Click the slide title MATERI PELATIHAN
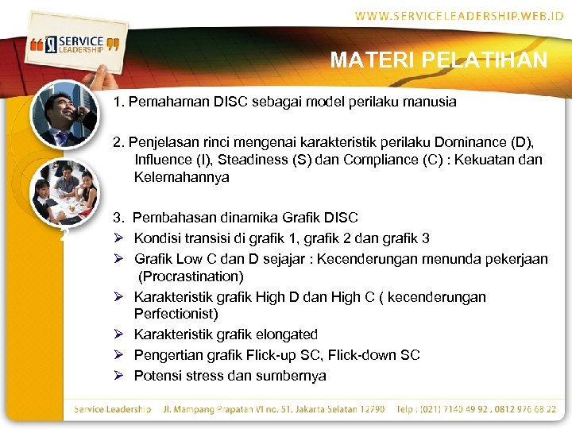(x=439, y=60)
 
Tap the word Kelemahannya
(x=181, y=177)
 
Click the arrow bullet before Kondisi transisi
(x=118, y=238)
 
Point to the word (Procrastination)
(x=191, y=276)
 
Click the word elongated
(x=281, y=334)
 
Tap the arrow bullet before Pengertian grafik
(x=118, y=355)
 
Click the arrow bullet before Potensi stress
(x=118, y=376)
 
